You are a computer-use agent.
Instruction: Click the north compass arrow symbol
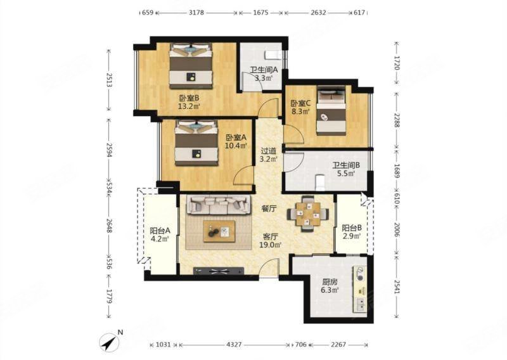click(109, 342)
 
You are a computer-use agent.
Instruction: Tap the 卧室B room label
click(189, 98)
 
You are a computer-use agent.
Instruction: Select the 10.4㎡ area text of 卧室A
click(236, 146)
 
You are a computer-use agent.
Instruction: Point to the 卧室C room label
click(300, 103)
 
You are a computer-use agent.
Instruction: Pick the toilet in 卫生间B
click(320, 183)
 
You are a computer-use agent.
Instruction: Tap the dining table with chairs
click(307, 214)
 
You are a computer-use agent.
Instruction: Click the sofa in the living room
click(219, 205)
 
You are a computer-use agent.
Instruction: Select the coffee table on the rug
click(219, 231)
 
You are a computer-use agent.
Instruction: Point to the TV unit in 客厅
click(218, 271)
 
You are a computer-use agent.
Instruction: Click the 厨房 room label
click(330, 282)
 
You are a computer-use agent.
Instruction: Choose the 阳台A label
click(160, 231)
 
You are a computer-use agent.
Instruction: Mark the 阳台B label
click(352, 228)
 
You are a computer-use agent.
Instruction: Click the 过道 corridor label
click(268, 151)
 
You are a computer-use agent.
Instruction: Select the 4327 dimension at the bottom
click(234, 345)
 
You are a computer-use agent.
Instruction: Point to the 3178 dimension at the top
click(196, 13)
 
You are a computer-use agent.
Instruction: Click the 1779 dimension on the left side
click(109, 296)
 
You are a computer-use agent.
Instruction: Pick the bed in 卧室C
click(331, 110)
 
